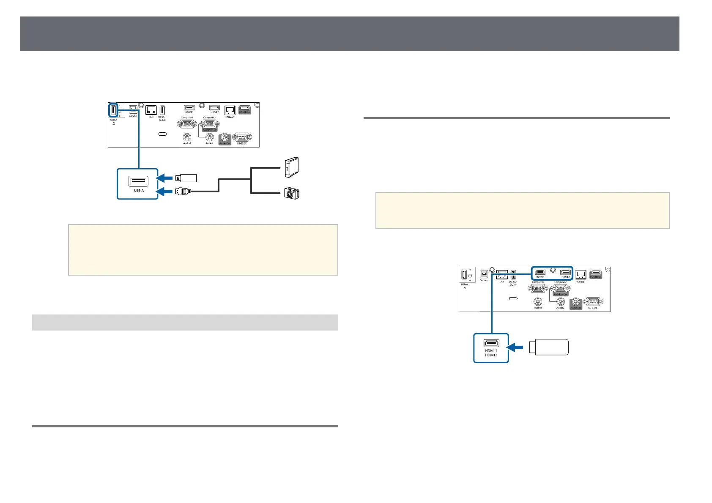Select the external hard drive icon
(292, 167)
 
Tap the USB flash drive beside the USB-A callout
(186, 178)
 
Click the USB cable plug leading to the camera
(183, 192)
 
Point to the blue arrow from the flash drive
(165, 178)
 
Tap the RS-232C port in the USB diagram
(241, 137)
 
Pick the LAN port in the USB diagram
(151, 110)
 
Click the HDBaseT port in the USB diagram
(230, 110)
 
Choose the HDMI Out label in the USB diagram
(245, 112)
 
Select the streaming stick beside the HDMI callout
(549, 347)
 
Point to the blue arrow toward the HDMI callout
(515, 347)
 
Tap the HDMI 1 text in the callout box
(490, 350)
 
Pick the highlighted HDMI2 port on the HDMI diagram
(565, 273)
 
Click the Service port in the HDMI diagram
(484, 274)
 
